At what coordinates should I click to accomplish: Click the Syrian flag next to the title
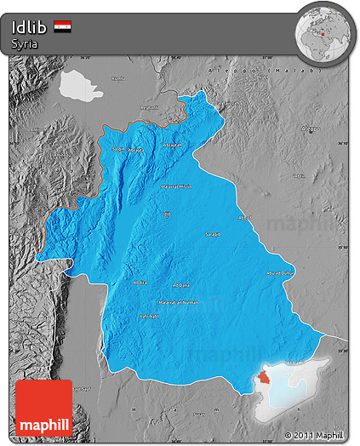[62, 26]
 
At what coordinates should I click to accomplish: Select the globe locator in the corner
[324, 32]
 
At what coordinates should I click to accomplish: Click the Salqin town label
[117, 148]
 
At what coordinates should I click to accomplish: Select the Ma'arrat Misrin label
[177, 186]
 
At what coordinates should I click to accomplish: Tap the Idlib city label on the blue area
[167, 213]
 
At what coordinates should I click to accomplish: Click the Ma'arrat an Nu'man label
[178, 302]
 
